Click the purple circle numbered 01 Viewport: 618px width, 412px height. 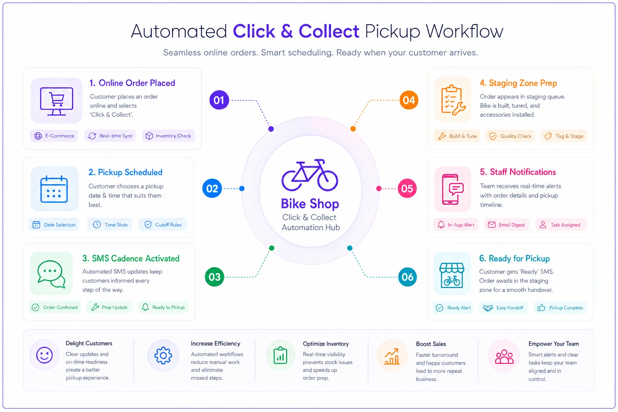coord(219,100)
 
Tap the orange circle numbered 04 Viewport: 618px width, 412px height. coord(409,100)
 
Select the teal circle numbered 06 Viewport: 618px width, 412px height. coord(408,277)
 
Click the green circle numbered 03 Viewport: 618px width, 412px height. coord(214,277)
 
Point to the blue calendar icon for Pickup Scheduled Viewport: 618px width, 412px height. coord(54,189)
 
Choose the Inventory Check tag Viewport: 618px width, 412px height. coord(168,136)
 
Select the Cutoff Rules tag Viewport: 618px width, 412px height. coord(163,225)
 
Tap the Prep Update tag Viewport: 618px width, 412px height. coord(109,307)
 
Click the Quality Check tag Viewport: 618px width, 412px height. coord(511,136)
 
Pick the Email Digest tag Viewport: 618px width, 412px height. coord(507,225)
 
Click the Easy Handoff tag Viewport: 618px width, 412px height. coord(503,308)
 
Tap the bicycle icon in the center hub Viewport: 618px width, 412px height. coord(309,175)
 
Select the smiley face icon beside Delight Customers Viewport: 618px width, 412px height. coord(44,355)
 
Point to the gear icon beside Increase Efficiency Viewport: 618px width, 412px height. coord(163,355)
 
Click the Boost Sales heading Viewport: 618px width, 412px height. coord(431,344)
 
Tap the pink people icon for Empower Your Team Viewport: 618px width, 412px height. coord(504,356)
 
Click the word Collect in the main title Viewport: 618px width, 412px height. coord(329,31)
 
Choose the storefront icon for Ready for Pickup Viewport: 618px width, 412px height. coord(452,275)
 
